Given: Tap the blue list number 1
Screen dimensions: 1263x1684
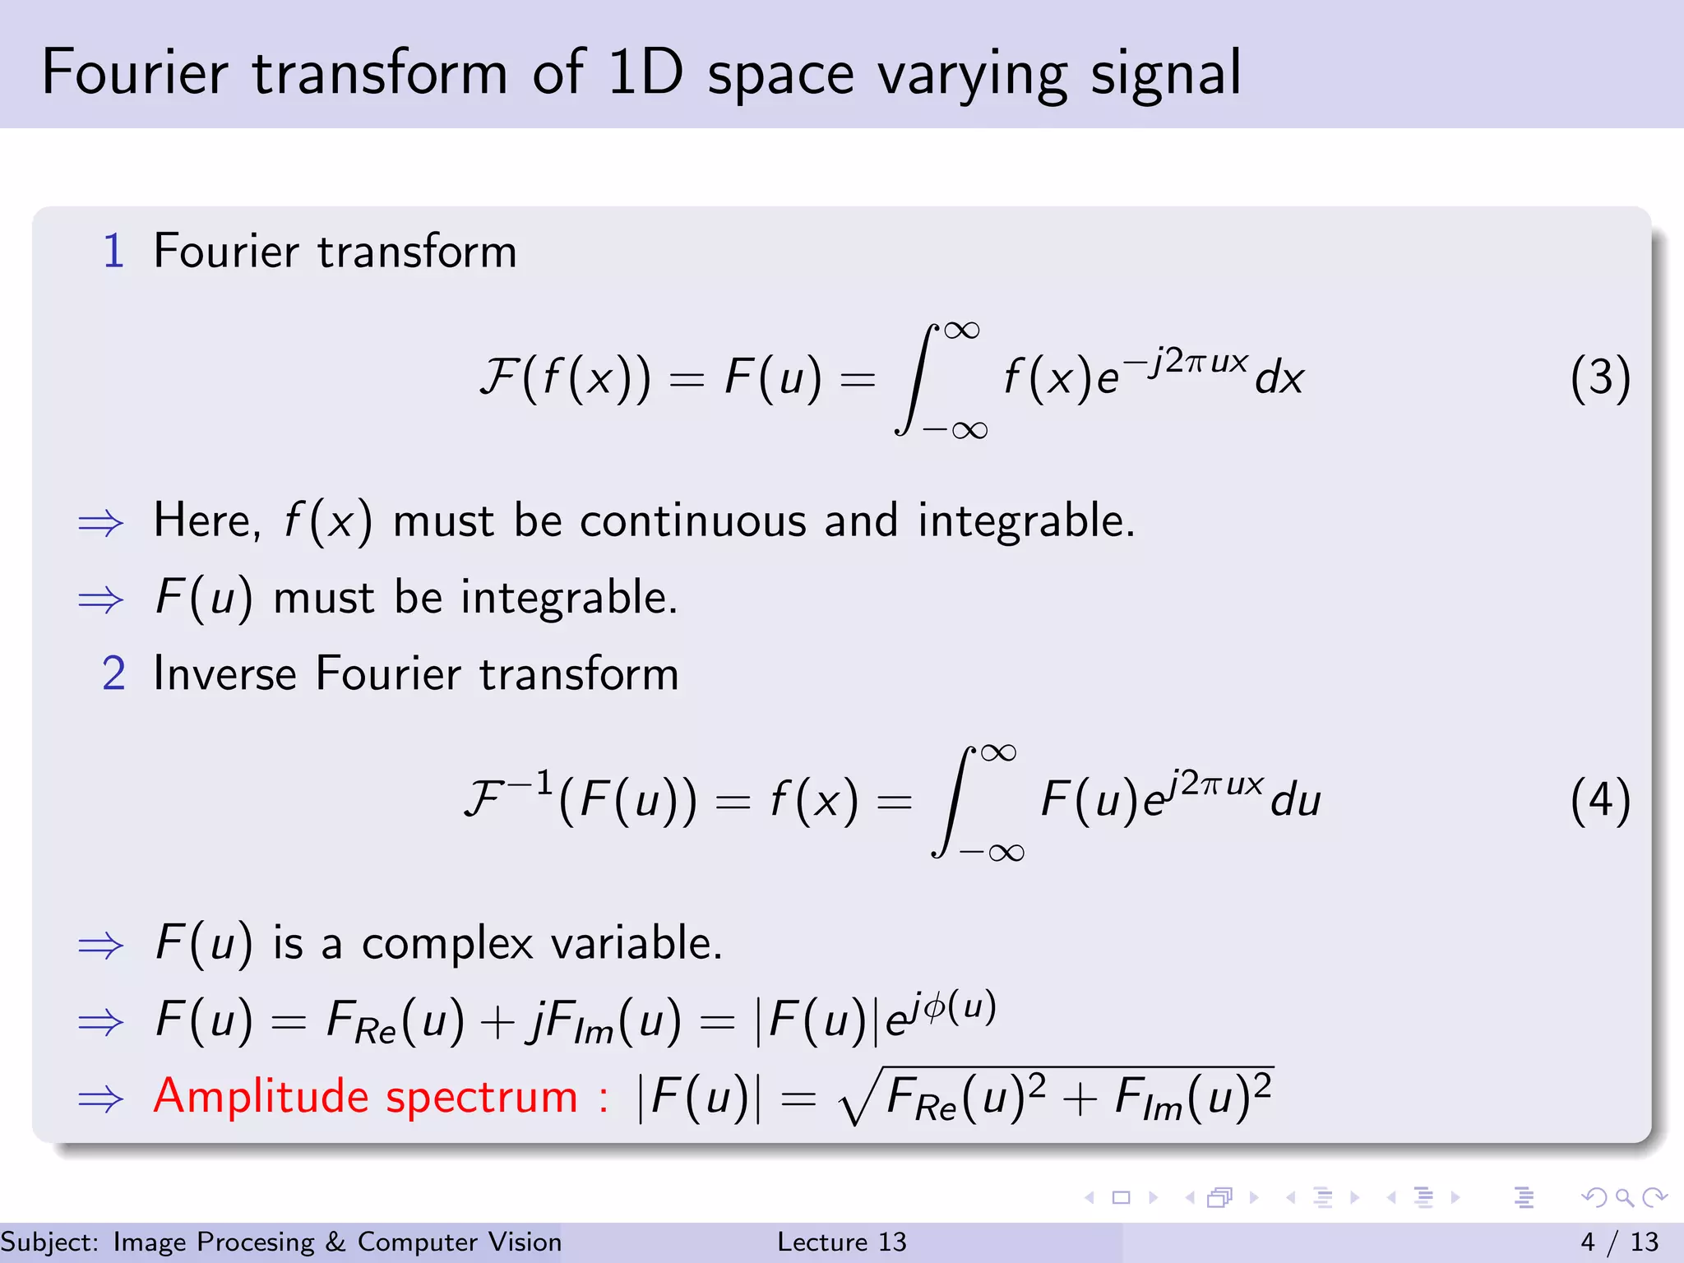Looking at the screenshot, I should click(x=113, y=251).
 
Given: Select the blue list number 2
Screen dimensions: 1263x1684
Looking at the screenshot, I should click(x=113, y=673).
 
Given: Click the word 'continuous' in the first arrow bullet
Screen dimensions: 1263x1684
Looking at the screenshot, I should click(x=692, y=520).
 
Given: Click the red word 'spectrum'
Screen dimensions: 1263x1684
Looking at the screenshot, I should click(x=482, y=1098).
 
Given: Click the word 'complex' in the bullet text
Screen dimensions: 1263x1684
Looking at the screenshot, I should click(x=447, y=943).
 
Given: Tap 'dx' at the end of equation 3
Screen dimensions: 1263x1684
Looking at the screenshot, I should click(x=1279, y=379).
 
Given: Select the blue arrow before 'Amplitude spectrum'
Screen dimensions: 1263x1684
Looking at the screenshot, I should click(x=100, y=1099).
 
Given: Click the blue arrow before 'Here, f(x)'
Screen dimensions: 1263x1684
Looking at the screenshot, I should click(x=100, y=523).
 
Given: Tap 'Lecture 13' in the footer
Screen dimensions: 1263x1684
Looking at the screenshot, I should click(x=841, y=1242).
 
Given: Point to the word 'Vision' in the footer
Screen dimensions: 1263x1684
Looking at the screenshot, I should click(x=525, y=1242).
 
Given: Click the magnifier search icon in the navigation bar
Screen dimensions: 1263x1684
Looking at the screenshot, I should click(x=1624, y=1197).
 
